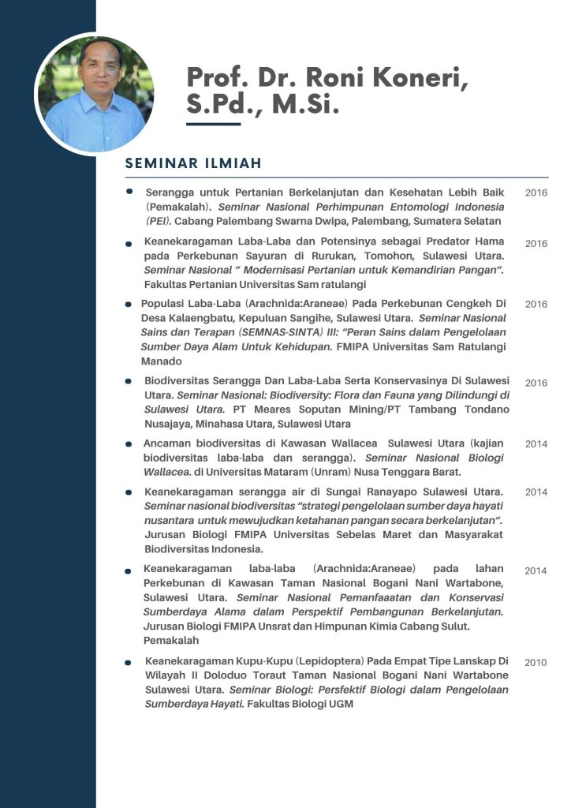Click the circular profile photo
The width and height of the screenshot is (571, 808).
(x=95, y=93)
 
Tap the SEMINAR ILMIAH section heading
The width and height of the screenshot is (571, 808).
(x=193, y=163)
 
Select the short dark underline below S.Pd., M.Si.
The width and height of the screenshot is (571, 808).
(x=213, y=123)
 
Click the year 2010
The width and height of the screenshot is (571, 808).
(x=536, y=663)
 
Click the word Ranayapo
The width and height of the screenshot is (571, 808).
(x=369, y=492)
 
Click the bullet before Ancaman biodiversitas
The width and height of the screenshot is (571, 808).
(x=129, y=444)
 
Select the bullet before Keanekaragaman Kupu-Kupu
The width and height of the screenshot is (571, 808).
(x=129, y=663)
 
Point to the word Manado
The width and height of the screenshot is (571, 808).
(x=161, y=361)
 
